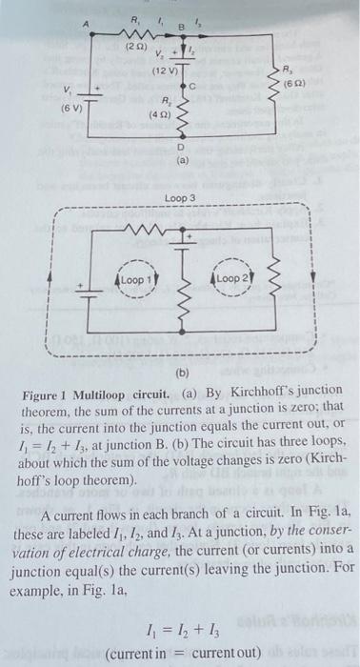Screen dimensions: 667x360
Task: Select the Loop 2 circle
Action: pyautogui.click(x=232, y=281)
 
